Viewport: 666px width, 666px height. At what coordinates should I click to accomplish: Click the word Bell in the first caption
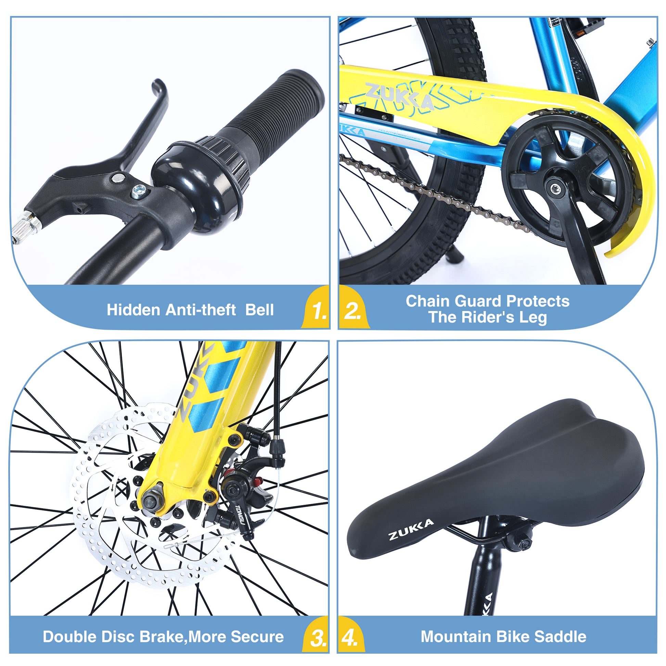click(x=259, y=310)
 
